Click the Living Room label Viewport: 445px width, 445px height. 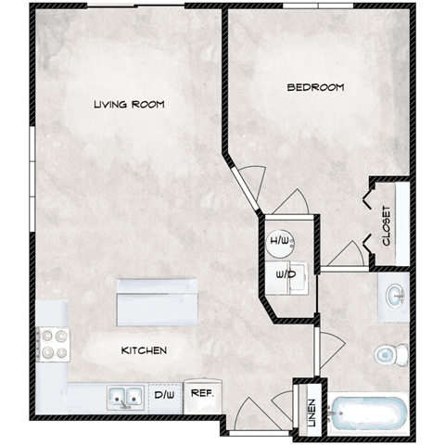click(x=129, y=105)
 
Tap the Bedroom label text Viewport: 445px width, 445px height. click(x=315, y=87)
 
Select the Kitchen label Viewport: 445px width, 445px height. click(x=144, y=351)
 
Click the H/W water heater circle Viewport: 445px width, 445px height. click(x=280, y=243)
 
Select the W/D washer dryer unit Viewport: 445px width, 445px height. click(x=285, y=275)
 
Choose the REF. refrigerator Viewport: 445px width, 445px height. click(x=202, y=393)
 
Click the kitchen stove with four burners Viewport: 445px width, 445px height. click(x=52, y=344)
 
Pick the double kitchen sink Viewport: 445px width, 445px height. click(x=123, y=397)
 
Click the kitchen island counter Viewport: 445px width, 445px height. click(x=156, y=302)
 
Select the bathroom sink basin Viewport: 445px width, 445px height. click(x=394, y=297)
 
